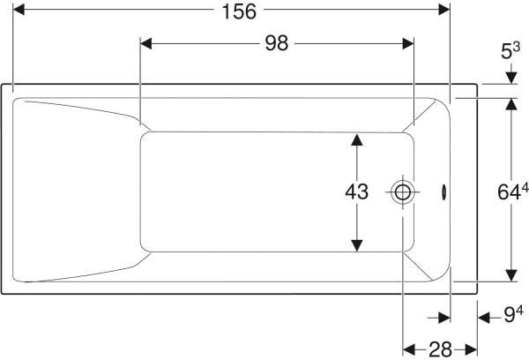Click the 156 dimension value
tap(239, 11)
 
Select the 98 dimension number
tap(277, 43)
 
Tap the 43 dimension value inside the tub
tap(356, 191)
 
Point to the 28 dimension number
tap(440, 350)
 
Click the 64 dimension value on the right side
tap(513, 192)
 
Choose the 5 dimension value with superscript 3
tap(510, 51)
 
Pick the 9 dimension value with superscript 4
tap(513, 314)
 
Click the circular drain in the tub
tap(403, 192)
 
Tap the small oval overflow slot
tap(444, 192)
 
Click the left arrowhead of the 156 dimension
tap(19, 10)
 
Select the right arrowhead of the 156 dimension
tap(444, 10)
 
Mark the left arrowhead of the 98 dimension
tap(145, 43)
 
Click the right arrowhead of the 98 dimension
tap(408, 43)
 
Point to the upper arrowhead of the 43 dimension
tap(356, 139)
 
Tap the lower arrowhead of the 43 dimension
tap(356, 245)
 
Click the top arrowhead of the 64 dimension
tap(511, 104)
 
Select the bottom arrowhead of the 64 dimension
tap(511, 275)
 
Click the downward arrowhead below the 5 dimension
tap(511, 78)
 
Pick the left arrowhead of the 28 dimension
tap(408, 350)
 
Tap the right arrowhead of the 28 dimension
tap(472, 350)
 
